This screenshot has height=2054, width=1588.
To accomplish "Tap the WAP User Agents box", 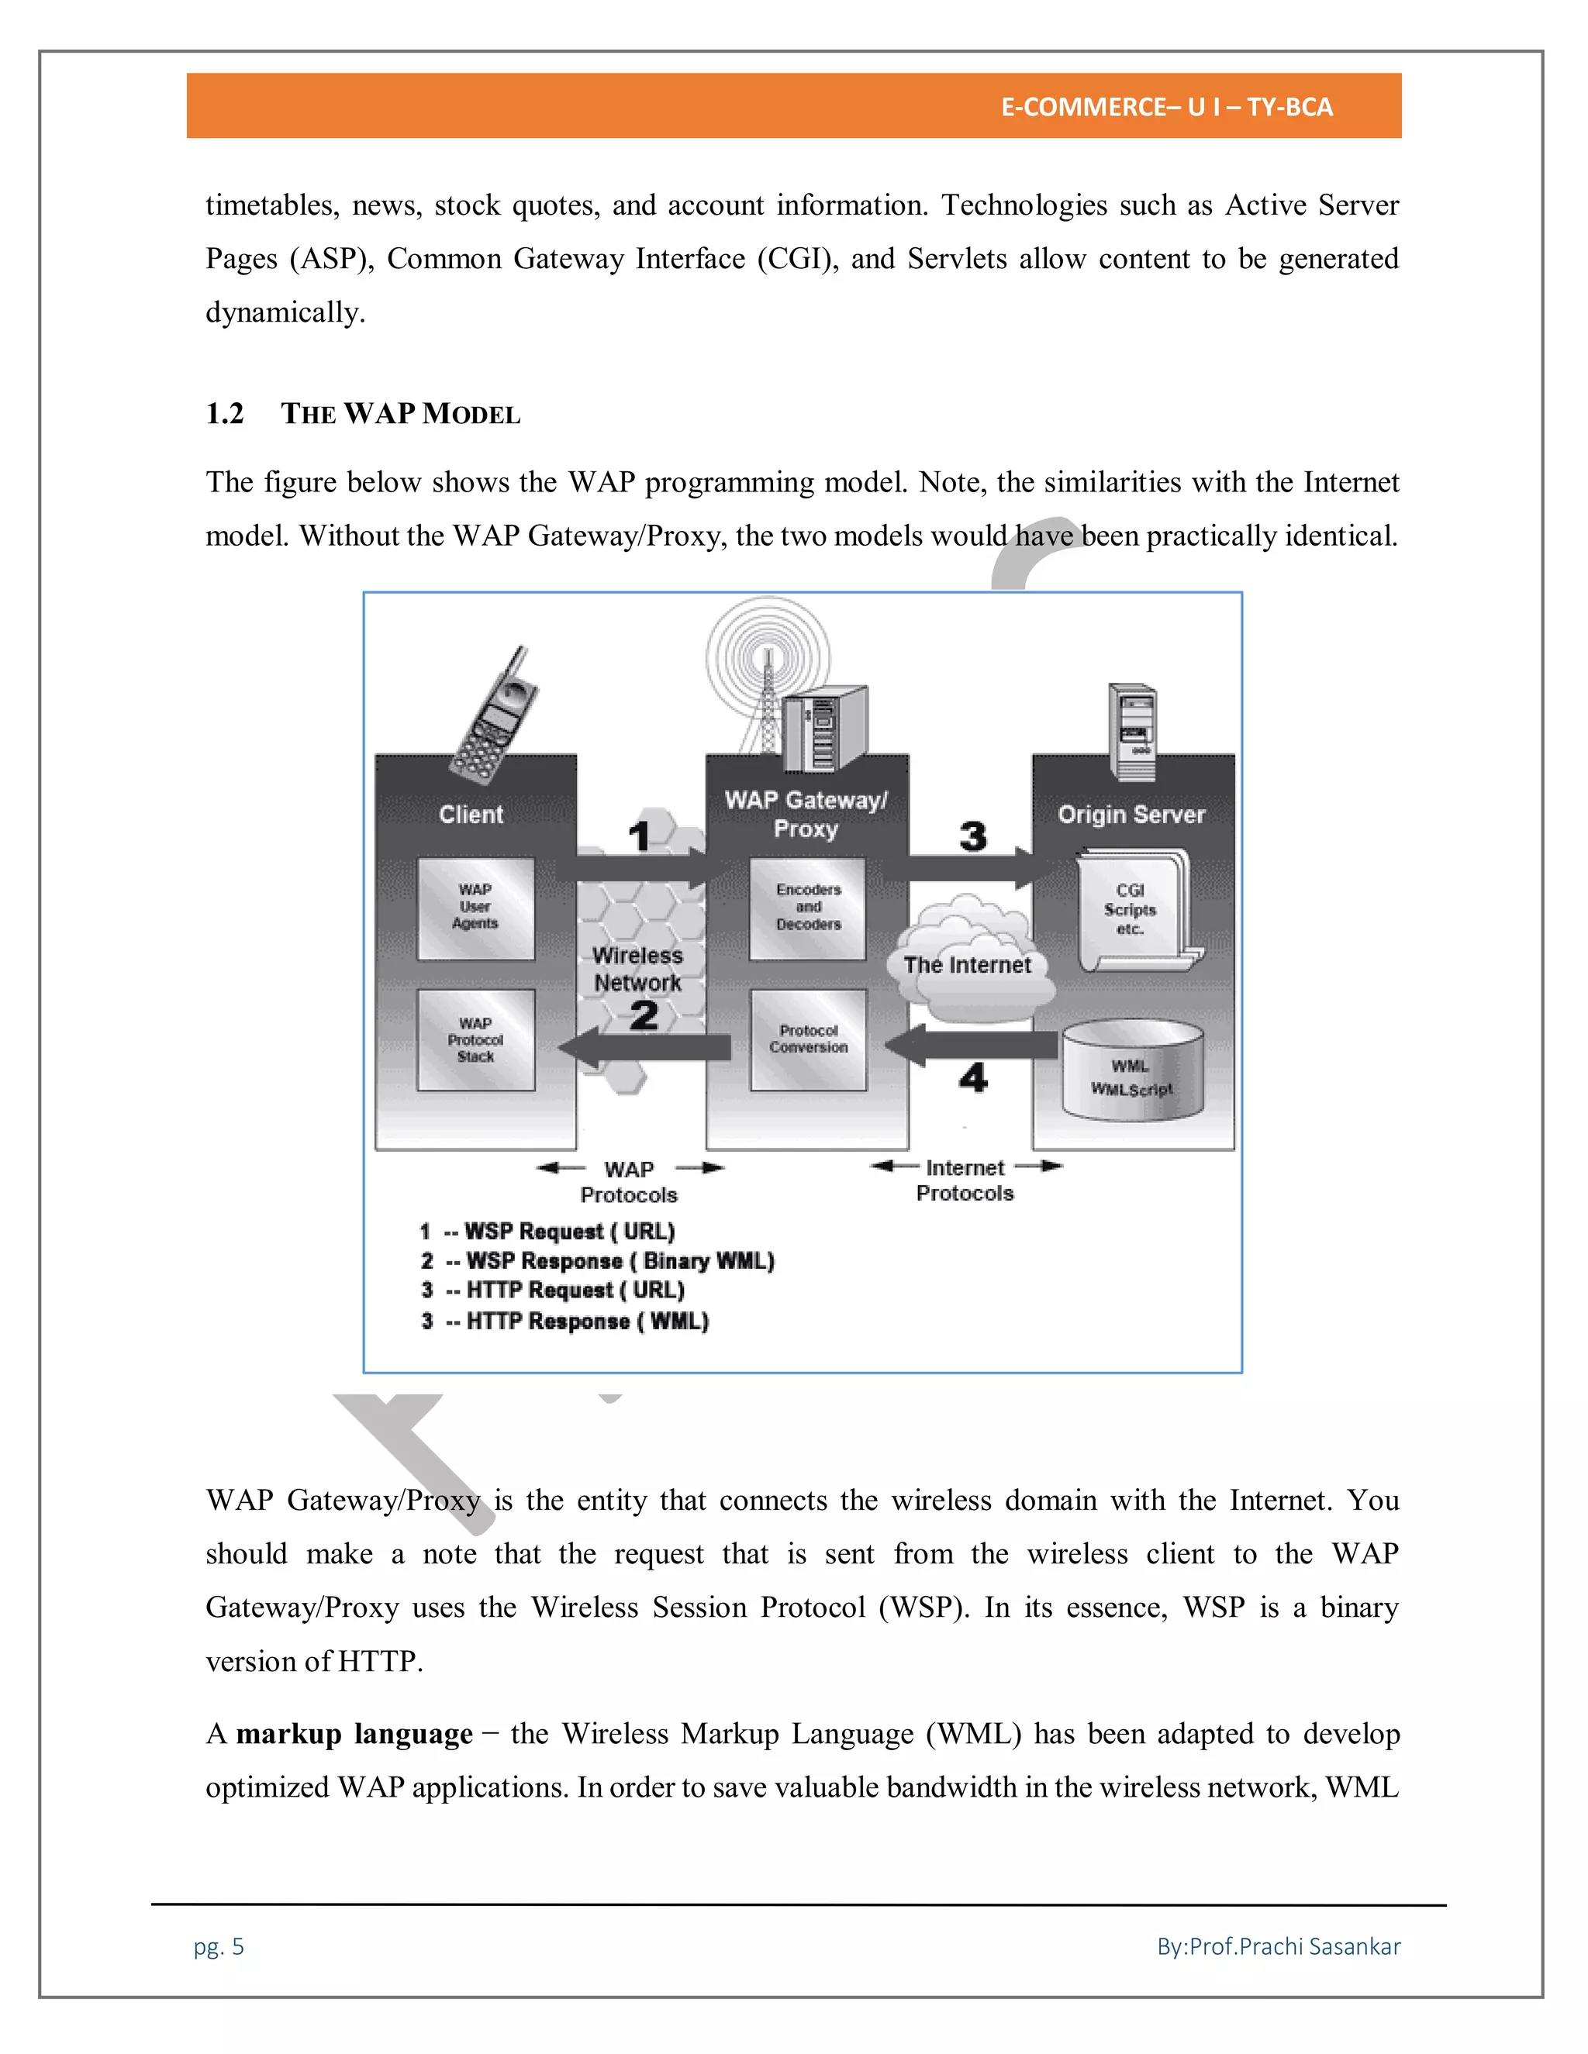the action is pos(475,908).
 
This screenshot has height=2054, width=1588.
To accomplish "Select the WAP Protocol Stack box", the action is pos(475,1040).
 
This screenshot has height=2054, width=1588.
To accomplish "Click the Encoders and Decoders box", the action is pos(808,908).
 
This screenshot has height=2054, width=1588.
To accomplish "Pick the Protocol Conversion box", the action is pos(808,1039).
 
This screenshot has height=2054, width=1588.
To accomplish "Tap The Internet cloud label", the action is pos(967,965).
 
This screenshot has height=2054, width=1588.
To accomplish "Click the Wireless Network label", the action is pos(638,969).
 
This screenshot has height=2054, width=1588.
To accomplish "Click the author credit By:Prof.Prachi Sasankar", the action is pos(1278,1945).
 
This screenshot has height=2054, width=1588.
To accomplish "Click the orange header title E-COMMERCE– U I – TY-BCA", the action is pos(1166,107).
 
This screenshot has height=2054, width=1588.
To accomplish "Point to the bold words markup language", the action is pos(354,1733).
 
